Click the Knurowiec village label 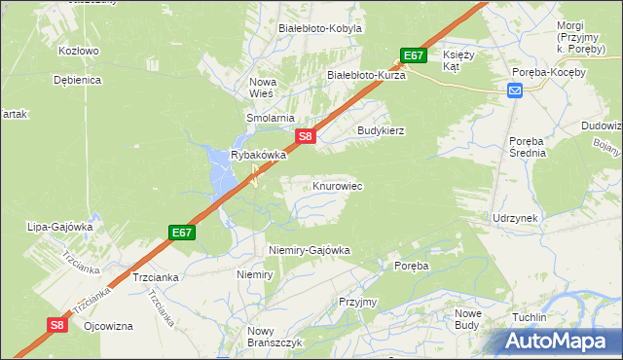coord(338,185)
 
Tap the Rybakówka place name coord(258,155)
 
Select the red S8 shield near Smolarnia coord(306,137)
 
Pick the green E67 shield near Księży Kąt coord(414,55)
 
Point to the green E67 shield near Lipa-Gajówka coord(181,233)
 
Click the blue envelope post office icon coord(515,90)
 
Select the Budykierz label coord(381,129)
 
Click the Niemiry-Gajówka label coord(309,250)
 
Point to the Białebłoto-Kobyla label coord(320,28)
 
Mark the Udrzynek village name coord(515,218)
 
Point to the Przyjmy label coord(357,302)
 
